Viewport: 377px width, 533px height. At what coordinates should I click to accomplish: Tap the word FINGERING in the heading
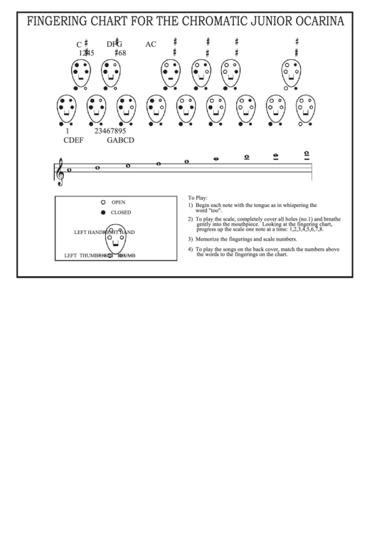59,21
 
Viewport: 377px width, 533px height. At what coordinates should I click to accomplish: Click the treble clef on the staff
60,171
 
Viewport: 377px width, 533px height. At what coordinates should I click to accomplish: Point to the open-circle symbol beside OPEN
103,202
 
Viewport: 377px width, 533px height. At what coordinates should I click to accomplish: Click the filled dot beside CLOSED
103,213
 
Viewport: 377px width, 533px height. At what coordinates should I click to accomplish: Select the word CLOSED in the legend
121,213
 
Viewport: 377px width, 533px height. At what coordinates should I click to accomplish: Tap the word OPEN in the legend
118,202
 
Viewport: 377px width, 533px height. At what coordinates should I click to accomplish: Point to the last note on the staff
307,154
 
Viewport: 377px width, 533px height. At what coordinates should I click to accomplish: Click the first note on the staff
68,171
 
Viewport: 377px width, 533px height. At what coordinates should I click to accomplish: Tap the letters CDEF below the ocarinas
74,140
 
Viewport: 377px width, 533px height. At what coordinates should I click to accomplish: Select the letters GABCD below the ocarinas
120,140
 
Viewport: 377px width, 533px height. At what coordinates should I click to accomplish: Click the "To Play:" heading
197,197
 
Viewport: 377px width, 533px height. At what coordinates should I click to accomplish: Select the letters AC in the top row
151,44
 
